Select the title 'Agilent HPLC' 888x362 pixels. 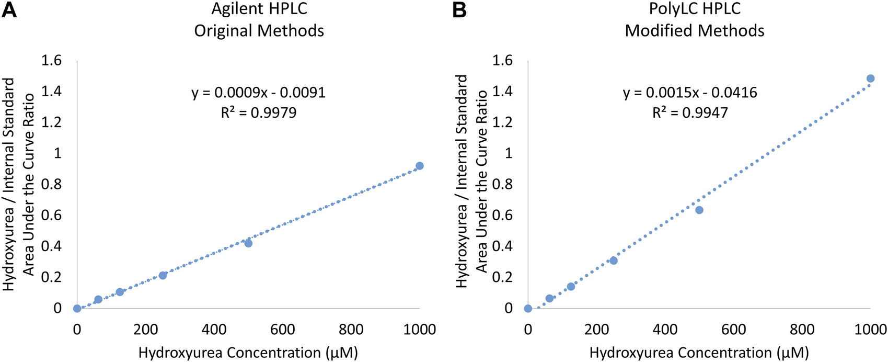coord(259,9)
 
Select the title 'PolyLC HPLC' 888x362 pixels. coord(695,9)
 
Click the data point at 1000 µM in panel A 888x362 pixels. coord(419,166)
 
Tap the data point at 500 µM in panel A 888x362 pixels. coord(248,243)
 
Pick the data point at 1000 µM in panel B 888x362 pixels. coord(870,78)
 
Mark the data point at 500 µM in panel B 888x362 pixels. coord(699,210)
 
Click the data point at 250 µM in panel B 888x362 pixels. coord(614,261)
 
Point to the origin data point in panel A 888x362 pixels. coord(77,308)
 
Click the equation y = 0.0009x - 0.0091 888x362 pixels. coord(259,93)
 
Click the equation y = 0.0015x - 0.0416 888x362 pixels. coord(690,93)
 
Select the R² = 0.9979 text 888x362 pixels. coord(259,112)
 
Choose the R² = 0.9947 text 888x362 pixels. coord(690,112)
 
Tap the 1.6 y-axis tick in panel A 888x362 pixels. coord(51,61)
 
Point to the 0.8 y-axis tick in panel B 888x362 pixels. coord(502,185)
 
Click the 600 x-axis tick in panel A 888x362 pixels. coord(282,329)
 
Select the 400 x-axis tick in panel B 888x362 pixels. coord(665,329)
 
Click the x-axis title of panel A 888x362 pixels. coord(248,353)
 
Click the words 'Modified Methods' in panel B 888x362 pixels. coord(695,30)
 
